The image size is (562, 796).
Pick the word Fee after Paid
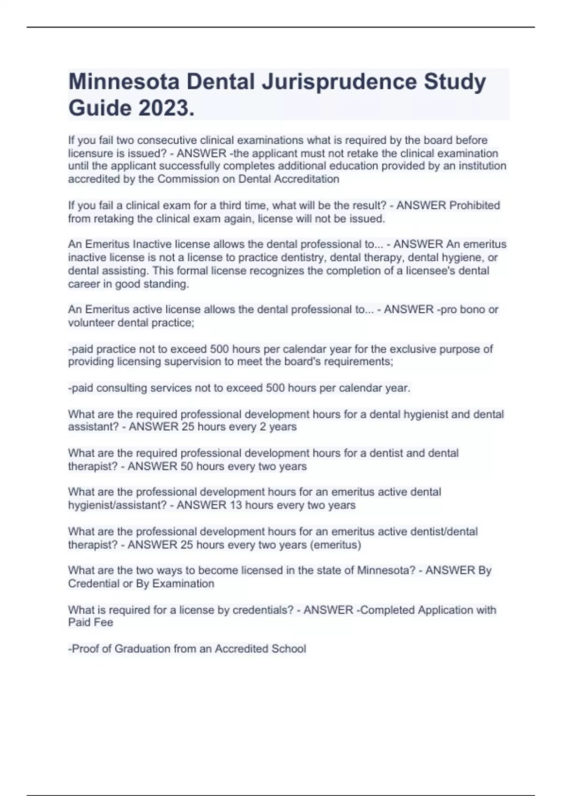tap(104, 622)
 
